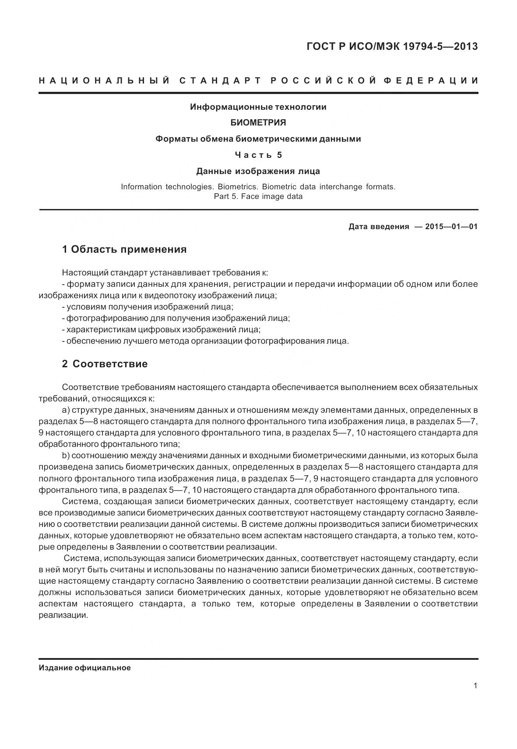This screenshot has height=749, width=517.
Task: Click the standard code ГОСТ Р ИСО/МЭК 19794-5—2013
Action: coord(392,46)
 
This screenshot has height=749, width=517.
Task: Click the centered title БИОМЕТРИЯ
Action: coord(258,123)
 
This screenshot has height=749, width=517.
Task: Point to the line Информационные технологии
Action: coord(258,107)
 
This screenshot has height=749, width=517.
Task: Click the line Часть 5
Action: coord(258,155)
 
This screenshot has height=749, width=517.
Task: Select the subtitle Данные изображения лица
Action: coord(258,171)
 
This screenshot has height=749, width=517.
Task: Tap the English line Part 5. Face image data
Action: coord(258,196)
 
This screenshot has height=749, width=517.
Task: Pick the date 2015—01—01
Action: coord(451,226)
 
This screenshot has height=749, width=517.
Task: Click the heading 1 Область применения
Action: coord(124,250)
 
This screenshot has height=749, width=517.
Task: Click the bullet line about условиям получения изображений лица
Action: coord(148,307)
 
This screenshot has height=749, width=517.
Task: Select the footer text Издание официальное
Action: coord(84,668)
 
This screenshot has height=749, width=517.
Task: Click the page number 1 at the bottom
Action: coord(475,686)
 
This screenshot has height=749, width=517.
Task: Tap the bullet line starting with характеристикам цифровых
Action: coord(162,330)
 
